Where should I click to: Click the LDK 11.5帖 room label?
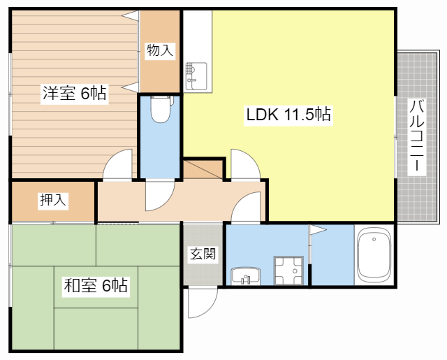(x=288, y=114)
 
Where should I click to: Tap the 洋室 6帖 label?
(x=74, y=93)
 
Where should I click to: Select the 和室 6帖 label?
(x=95, y=285)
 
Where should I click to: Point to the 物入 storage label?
(x=159, y=50)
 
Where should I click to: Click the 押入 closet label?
(x=53, y=201)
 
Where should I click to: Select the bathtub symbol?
(x=376, y=257)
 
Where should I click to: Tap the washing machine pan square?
(x=288, y=271)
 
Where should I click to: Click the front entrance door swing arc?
(x=202, y=303)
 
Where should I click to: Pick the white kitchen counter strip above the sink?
(x=197, y=35)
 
